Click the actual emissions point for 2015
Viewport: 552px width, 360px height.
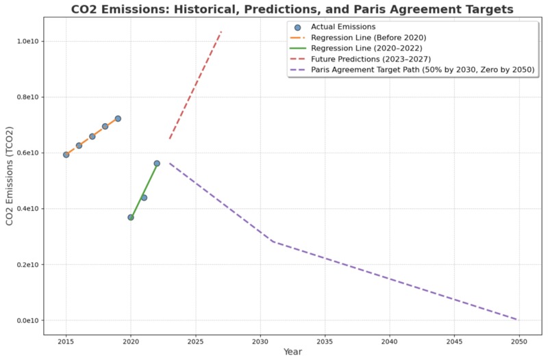[x=66, y=155]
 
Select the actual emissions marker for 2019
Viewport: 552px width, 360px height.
[x=118, y=118]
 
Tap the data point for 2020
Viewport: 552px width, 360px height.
[x=131, y=217]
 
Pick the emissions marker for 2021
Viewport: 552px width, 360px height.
[x=144, y=198]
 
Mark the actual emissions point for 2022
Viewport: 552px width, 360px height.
[x=157, y=164]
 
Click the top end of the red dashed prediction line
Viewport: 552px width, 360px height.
[x=221, y=31]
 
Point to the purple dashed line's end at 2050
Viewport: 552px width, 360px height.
[x=518, y=320]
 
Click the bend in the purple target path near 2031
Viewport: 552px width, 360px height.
[x=273, y=242]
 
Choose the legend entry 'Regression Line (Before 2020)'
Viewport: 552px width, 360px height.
[x=366, y=38]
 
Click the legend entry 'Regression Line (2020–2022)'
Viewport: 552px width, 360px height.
[x=366, y=48]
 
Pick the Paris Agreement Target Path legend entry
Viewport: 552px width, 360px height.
[x=423, y=70]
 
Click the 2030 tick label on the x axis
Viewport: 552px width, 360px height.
[x=260, y=340]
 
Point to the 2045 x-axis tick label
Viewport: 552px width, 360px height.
[x=454, y=340]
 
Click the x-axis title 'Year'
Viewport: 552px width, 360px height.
[x=292, y=352]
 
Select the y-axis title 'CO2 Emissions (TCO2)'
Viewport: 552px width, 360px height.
[x=9, y=176]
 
